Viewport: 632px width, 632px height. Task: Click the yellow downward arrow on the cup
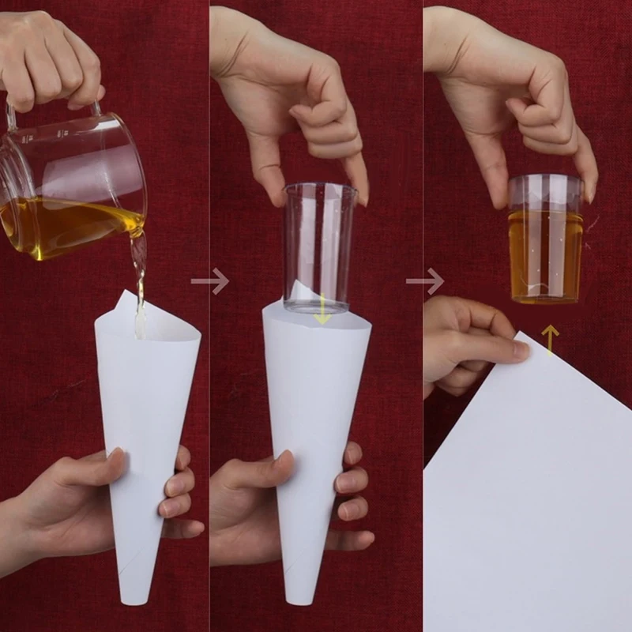[x=322, y=314]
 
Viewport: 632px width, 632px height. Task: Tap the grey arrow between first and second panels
[x=209, y=280]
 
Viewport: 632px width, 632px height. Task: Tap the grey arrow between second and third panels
[x=424, y=280]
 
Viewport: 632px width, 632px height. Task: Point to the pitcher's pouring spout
[x=141, y=229]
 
